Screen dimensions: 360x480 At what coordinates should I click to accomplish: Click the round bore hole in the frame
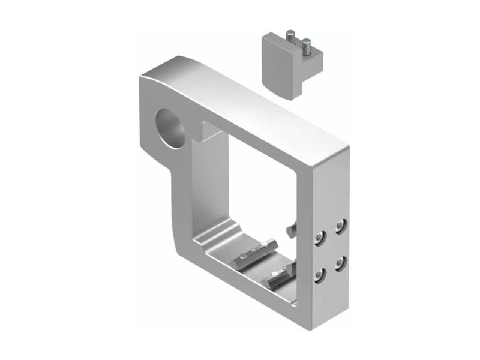[170, 127]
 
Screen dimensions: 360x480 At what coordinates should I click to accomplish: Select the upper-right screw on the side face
[341, 226]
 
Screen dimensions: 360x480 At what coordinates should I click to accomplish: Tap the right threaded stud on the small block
[307, 46]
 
